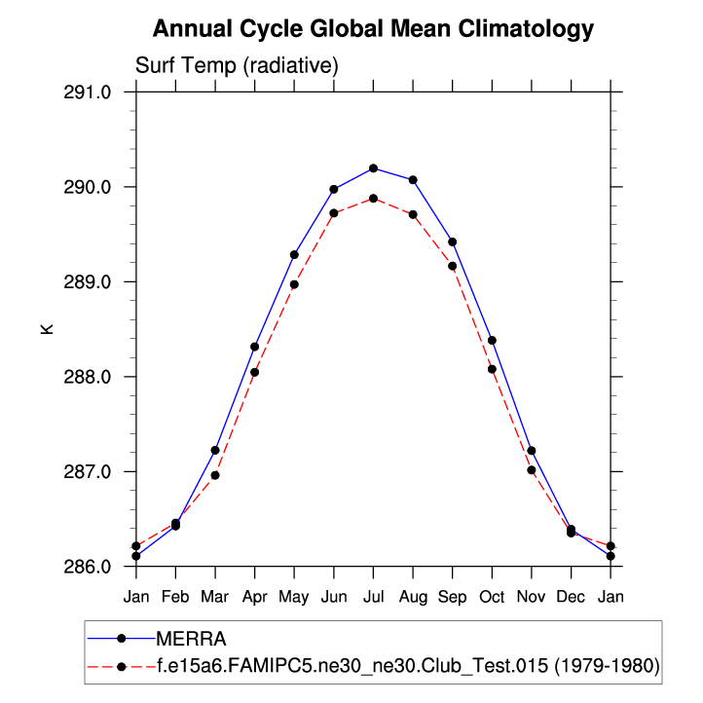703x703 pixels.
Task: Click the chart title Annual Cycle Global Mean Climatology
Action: (x=373, y=29)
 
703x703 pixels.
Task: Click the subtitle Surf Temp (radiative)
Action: (x=236, y=66)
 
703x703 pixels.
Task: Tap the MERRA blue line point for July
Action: (x=373, y=168)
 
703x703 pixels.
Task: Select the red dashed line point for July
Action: (x=373, y=199)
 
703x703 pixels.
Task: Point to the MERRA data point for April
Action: (x=254, y=347)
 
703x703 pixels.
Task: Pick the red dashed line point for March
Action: (x=215, y=475)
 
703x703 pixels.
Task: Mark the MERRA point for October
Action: (x=492, y=341)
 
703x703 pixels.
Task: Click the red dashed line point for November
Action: (x=532, y=470)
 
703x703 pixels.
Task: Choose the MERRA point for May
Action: (x=294, y=255)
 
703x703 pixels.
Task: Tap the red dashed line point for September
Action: (x=452, y=266)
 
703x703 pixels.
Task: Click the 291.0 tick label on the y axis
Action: (x=90, y=92)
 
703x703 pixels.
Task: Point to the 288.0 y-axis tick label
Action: (x=90, y=377)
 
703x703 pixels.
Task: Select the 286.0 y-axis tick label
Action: (x=90, y=567)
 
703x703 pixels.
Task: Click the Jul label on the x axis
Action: (x=373, y=595)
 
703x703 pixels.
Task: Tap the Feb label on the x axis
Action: (x=175, y=595)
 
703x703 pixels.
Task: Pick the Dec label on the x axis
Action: (x=571, y=595)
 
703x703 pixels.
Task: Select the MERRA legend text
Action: (x=191, y=639)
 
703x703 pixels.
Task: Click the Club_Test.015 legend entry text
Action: (x=408, y=666)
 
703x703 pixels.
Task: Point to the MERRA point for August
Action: (x=413, y=180)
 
